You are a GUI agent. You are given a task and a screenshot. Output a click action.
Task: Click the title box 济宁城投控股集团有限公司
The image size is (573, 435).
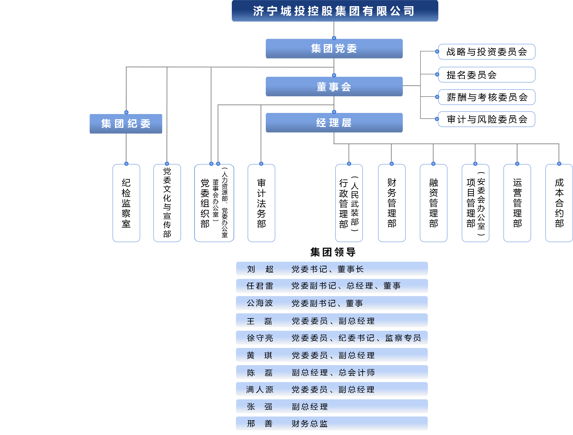335,11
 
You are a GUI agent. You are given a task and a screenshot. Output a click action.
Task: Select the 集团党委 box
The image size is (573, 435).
334,49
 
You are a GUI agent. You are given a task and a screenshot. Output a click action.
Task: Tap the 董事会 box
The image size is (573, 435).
334,87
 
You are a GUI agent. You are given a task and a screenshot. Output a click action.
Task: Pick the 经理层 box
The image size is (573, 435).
334,123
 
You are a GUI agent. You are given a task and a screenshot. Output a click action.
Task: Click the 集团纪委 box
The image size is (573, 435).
126,124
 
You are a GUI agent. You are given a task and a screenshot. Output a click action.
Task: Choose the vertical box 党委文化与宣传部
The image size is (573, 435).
167,203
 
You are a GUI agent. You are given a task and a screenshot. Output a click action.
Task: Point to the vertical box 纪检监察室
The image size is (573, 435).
126,203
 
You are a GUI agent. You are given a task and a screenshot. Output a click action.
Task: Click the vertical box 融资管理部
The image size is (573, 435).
433,203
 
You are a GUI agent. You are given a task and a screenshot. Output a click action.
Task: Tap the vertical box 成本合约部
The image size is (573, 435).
559,203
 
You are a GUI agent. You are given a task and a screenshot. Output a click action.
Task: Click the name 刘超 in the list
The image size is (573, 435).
260,269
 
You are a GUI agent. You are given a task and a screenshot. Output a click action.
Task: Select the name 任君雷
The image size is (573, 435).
260,286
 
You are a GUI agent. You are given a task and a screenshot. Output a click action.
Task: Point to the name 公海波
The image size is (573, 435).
260,303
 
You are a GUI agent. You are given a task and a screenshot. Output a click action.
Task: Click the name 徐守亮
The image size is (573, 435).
260,338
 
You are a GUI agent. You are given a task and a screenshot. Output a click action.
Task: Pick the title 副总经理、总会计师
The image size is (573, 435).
333,373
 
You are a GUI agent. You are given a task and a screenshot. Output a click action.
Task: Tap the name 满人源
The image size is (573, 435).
260,389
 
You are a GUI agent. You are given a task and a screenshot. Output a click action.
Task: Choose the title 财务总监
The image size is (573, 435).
310,424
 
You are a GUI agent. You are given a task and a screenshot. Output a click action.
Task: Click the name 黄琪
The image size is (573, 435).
260,355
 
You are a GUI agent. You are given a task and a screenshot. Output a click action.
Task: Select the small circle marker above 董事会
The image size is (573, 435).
334,75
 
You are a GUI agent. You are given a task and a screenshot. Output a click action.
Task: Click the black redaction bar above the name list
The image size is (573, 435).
333,252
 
